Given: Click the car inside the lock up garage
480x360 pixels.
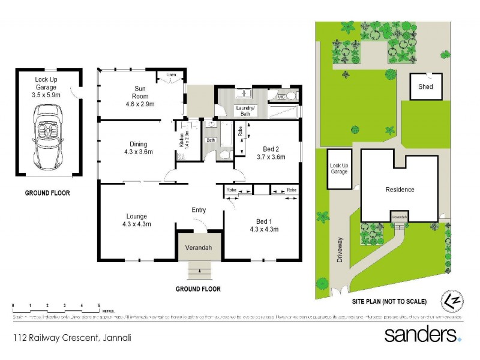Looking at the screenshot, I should (x=49, y=136).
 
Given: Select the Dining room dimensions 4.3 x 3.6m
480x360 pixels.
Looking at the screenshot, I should (x=138, y=152).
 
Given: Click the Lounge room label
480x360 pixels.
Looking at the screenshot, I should (x=137, y=217).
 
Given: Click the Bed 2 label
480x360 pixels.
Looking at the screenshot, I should (x=271, y=149).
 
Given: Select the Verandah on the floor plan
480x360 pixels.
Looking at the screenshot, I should (x=198, y=248).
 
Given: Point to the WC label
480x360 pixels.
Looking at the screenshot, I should (x=281, y=97).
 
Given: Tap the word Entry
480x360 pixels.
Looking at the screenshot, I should (x=198, y=209).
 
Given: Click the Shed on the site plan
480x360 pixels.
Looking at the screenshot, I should (x=425, y=86).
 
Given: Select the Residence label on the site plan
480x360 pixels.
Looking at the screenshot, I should (x=400, y=190).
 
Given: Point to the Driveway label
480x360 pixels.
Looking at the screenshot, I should (x=340, y=248).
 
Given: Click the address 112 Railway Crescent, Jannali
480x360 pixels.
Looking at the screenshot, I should (x=72, y=338).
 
